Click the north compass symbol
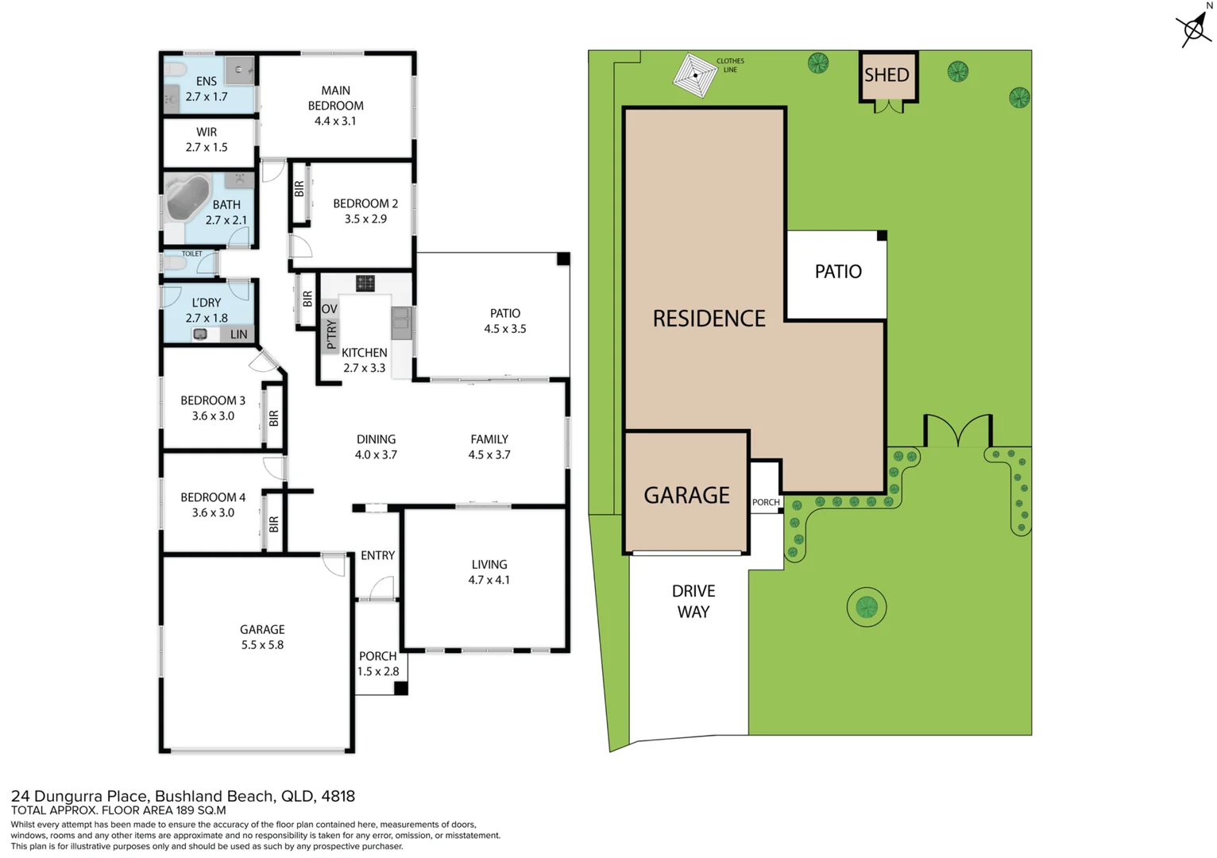point(1194,29)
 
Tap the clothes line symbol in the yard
point(695,75)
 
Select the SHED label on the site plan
point(887,75)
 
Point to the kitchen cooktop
point(365,284)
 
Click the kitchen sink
point(401,323)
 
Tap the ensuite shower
point(239,71)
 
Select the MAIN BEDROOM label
point(335,98)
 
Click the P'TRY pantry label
point(331,335)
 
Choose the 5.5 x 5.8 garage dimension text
point(262,645)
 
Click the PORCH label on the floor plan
point(377,656)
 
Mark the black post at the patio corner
point(562,259)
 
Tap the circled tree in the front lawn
point(866,608)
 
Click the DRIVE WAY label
point(693,601)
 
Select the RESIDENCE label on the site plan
point(709,319)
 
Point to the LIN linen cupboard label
point(238,334)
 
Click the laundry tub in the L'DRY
point(201,334)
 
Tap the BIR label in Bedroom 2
point(299,189)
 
